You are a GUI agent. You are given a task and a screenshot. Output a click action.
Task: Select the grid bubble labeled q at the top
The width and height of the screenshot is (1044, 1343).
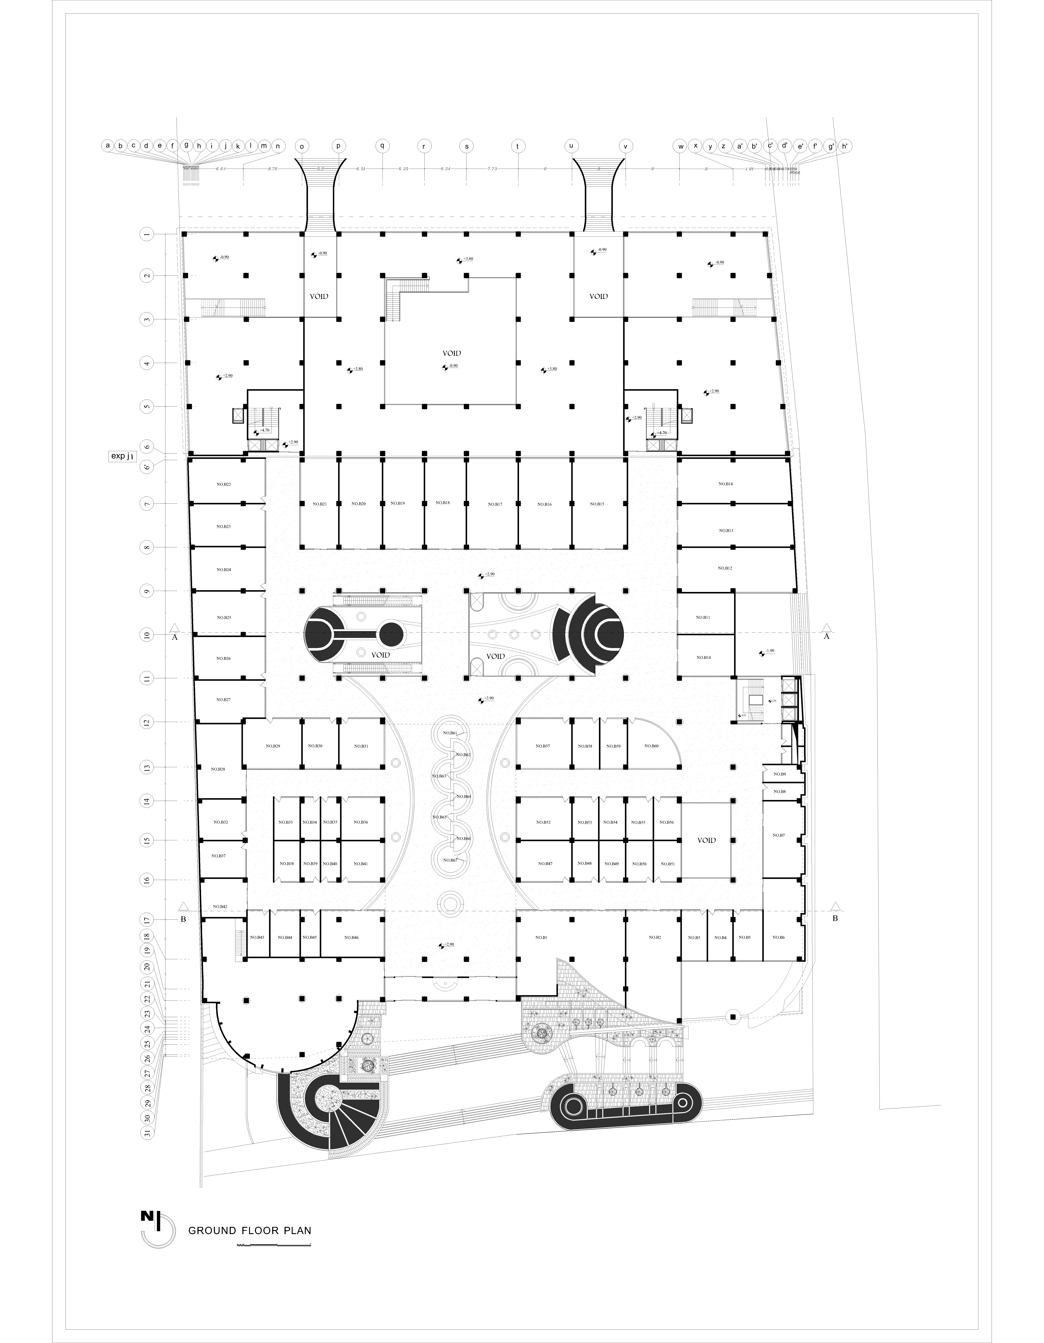point(382,146)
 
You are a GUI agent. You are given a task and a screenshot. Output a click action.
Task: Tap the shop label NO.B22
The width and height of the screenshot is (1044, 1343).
point(224,485)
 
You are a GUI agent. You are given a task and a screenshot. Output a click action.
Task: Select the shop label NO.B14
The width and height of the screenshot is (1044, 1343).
point(726,484)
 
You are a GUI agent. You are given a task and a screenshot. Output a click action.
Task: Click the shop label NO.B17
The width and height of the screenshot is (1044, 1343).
point(495,504)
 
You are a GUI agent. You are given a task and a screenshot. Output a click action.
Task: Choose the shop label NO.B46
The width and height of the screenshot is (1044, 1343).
point(352,937)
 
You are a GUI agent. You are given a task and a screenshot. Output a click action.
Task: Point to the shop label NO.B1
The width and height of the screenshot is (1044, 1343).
point(541,937)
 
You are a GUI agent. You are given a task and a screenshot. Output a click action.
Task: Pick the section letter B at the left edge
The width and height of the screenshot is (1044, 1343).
point(183,919)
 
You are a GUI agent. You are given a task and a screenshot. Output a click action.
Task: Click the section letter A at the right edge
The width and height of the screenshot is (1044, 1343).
point(826,636)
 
